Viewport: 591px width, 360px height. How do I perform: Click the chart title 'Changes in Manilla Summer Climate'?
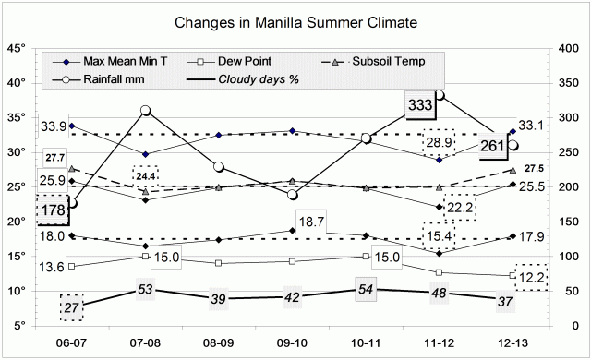pos(295,19)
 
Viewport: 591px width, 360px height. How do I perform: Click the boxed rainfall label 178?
pos(54,210)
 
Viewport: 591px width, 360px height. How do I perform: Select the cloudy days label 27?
pos(72,307)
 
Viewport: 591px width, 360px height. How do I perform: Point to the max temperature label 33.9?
pos(53,126)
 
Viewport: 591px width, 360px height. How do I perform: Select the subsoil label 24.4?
pos(145,174)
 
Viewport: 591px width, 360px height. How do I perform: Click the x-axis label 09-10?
pos(292,340)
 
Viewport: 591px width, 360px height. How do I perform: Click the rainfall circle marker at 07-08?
pos(145,111)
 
